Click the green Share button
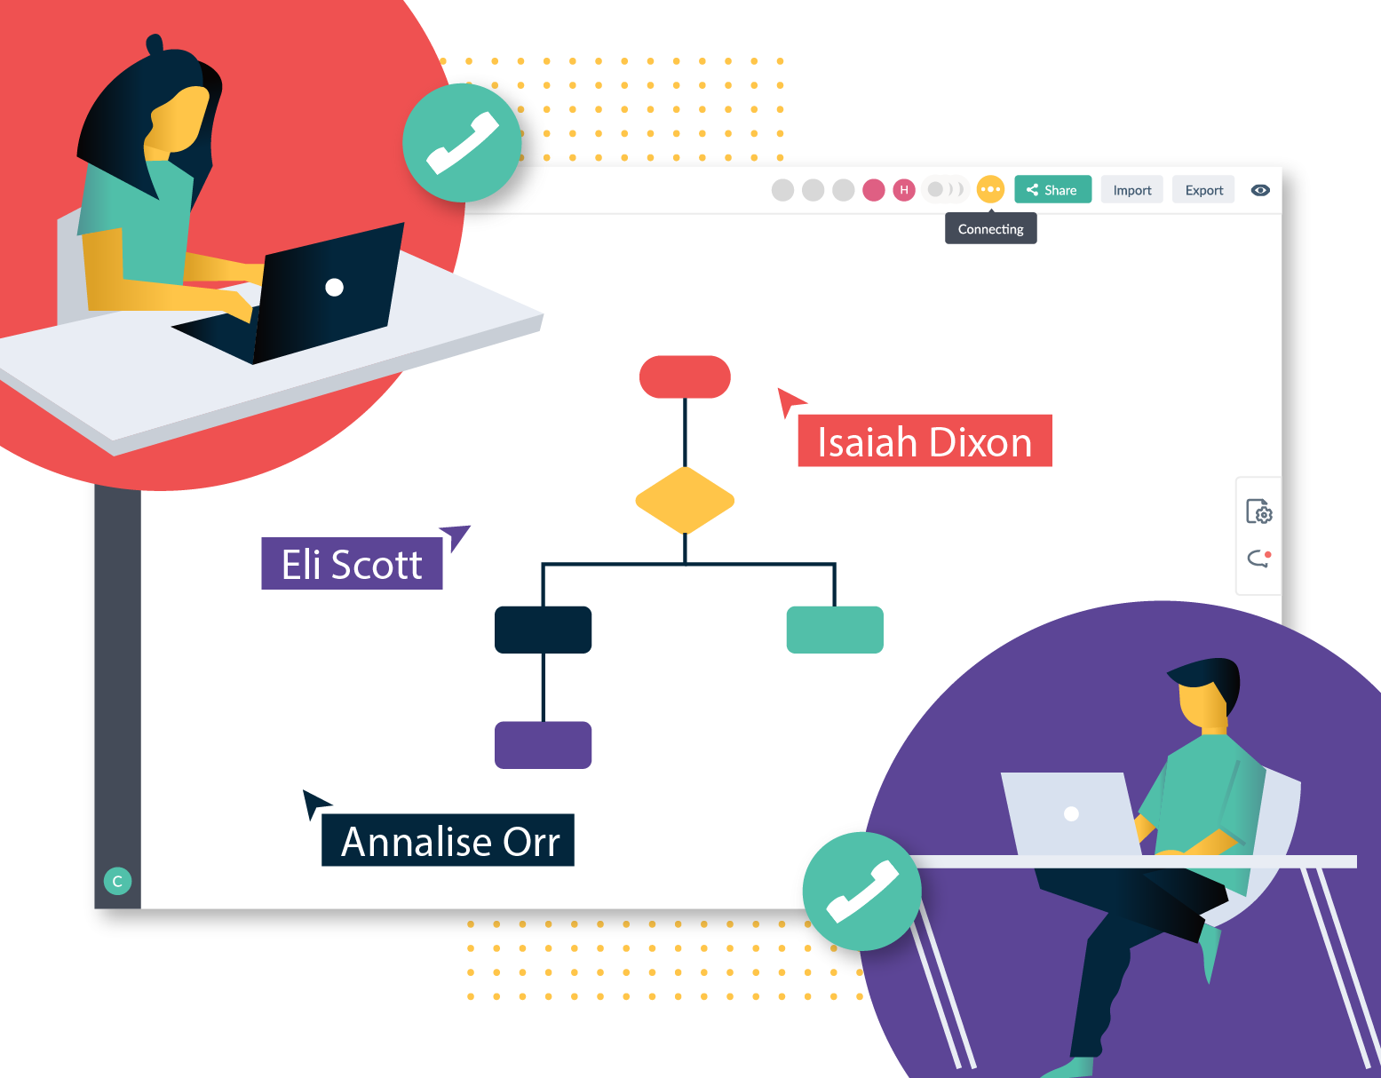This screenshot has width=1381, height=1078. pos(1052,189)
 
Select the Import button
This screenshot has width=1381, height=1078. pos(1131,189)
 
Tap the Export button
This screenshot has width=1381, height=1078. pos(1203,189)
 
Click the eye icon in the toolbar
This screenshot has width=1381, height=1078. pos(1260,190)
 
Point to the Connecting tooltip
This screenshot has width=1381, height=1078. pos(991,229)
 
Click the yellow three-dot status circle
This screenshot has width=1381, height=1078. pos(990,189)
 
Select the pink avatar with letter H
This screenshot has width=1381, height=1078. pos(904,189)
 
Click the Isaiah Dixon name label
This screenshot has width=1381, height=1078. pos(925,440)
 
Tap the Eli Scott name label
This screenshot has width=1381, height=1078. pos(352,564)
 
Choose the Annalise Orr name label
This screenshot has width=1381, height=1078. pos(448,840)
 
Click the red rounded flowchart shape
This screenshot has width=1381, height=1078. pos(685,377)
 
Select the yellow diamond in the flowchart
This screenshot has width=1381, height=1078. pos(685,501)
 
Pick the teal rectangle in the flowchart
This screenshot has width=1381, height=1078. pos(835,630)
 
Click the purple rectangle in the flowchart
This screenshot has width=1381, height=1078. pos(544,745)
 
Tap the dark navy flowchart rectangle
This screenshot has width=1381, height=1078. pos(544,630)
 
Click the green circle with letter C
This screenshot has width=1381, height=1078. pos(117,881)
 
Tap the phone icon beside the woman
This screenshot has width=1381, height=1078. pos(462,143)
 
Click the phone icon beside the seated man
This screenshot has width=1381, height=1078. pos(862,892)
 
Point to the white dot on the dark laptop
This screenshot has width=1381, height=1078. pos(334,288)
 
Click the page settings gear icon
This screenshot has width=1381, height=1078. pos(1259,511)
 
